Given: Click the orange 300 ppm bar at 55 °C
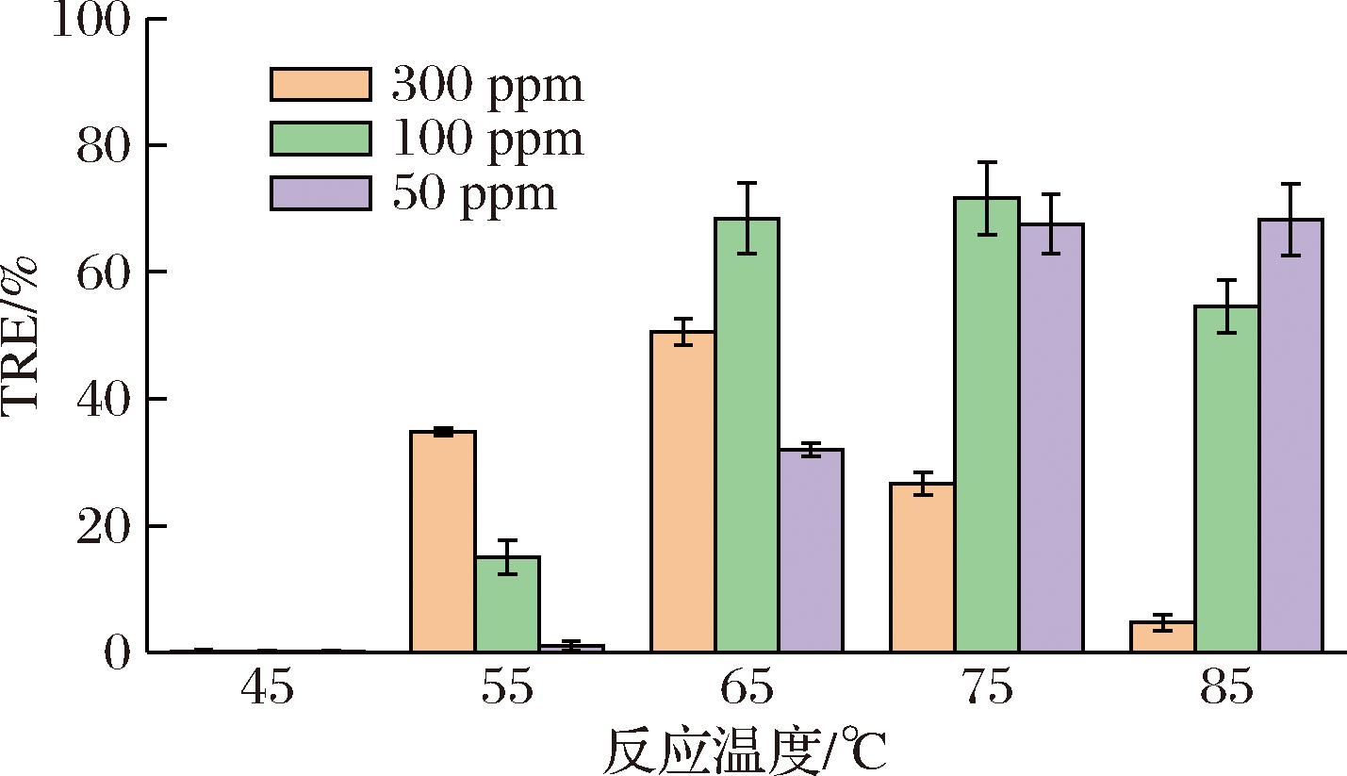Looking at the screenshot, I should pos(443,541).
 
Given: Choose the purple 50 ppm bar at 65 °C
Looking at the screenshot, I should pos(811,551).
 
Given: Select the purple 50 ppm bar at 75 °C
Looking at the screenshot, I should pos(1050,438).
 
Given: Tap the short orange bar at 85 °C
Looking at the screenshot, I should pos(1162,637).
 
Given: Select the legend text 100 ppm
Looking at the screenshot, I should pos(487,139).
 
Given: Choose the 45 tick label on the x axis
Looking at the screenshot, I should pos(268,689).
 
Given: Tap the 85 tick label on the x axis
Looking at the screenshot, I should pos(1226,689).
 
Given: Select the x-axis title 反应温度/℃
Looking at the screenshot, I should pos(745,751).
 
